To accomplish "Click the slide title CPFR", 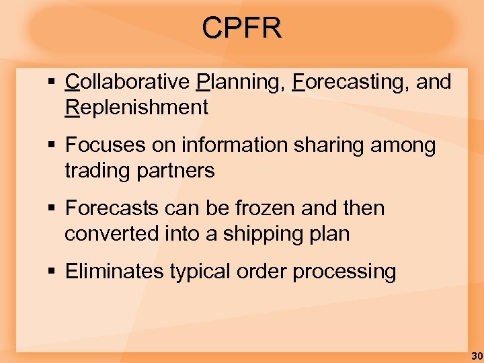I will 242,28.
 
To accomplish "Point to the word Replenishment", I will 136,108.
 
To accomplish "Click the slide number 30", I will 477,356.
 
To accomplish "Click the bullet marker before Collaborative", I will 52,83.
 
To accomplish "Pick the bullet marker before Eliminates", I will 52,272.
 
